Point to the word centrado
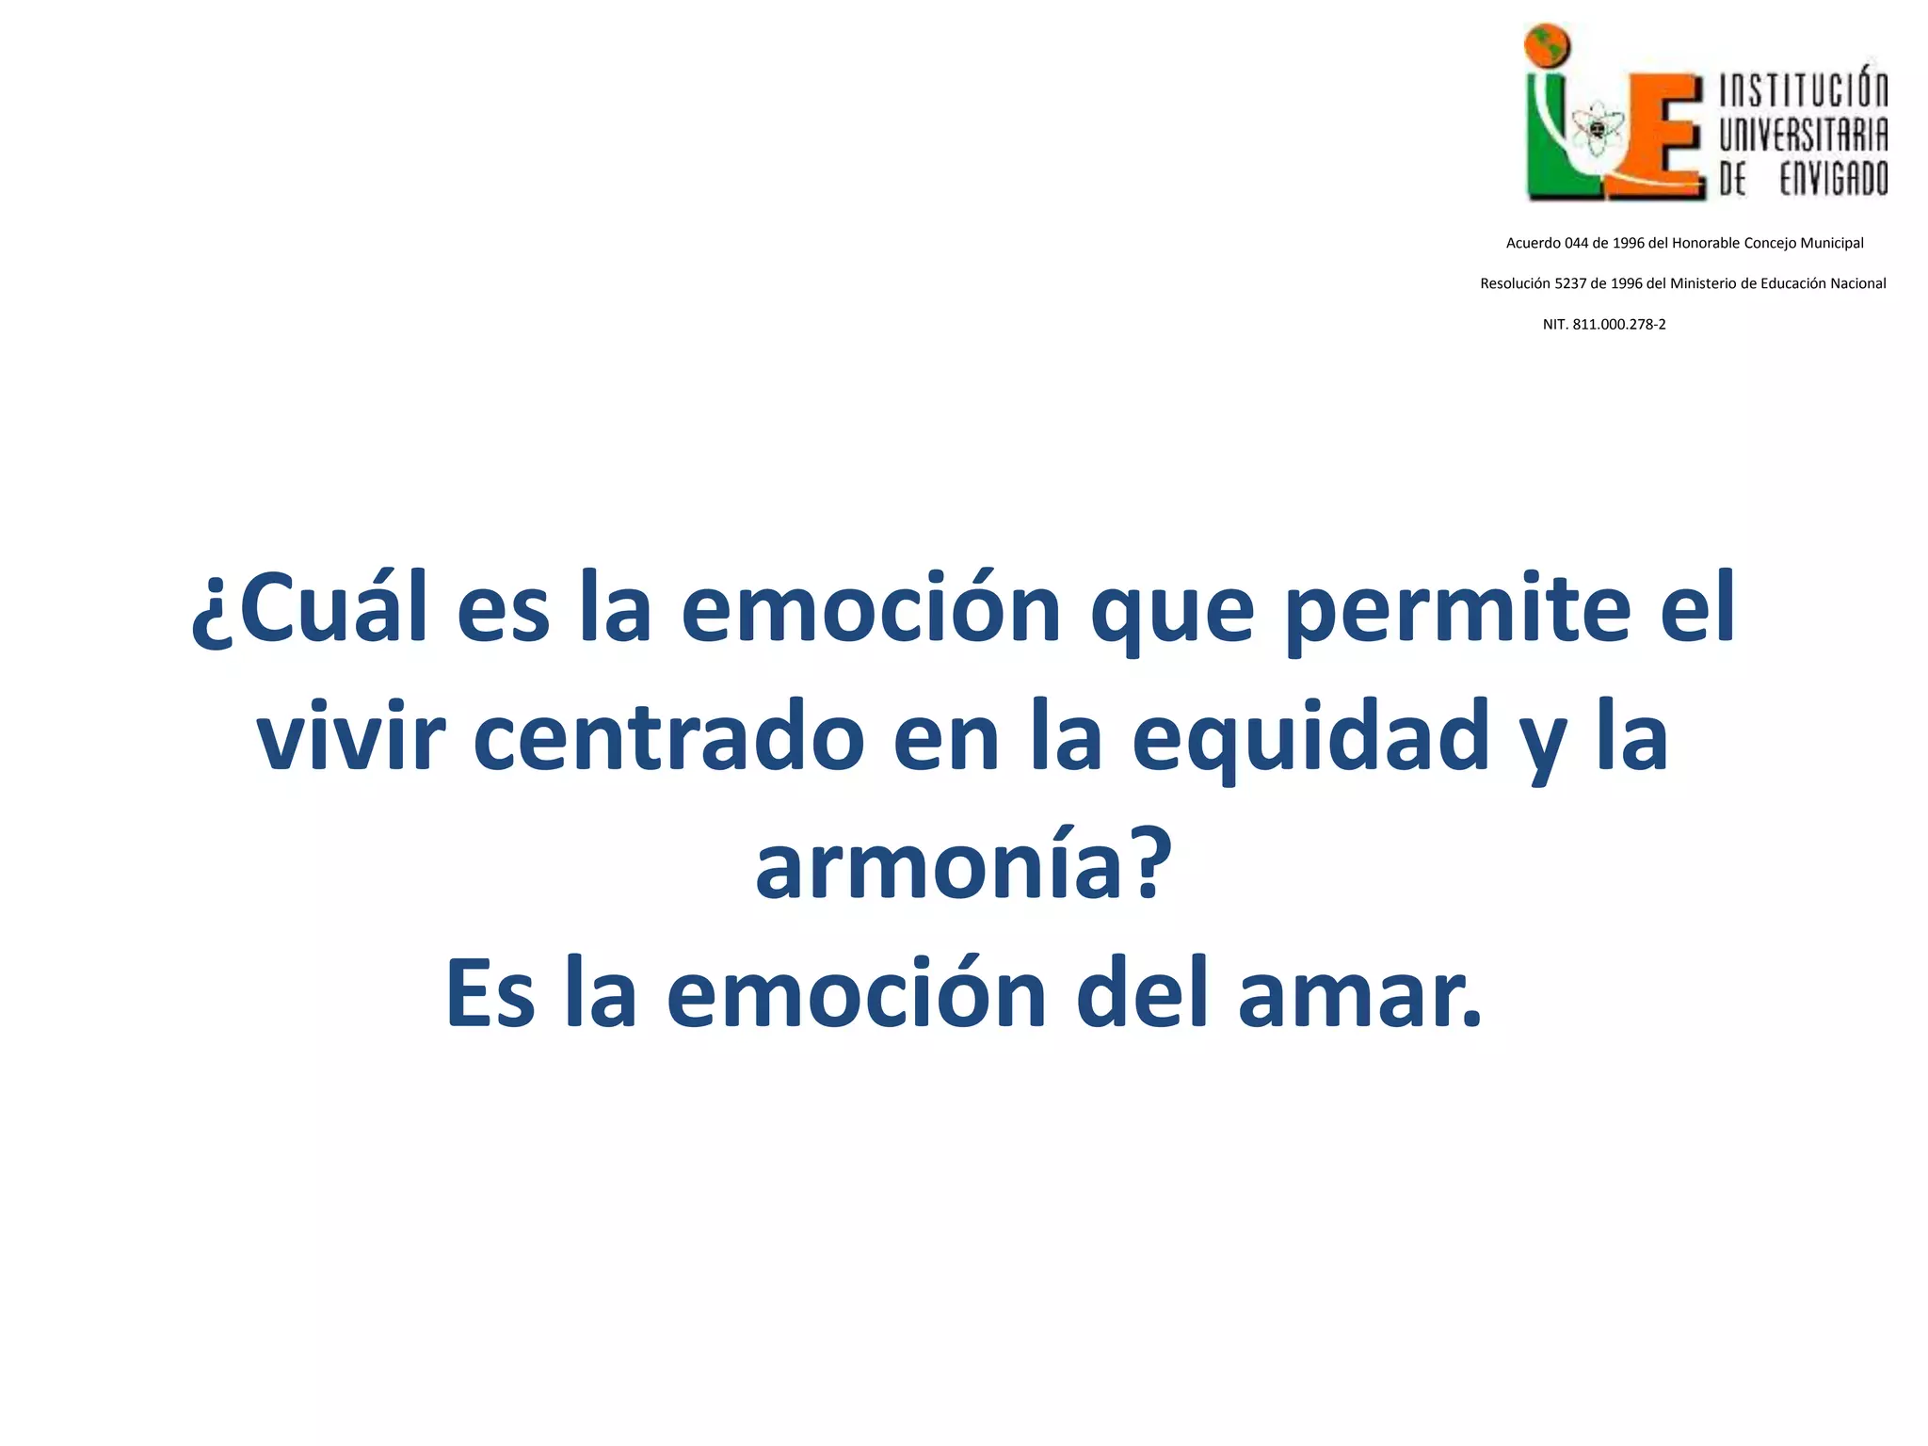pos(668,737)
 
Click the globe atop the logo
pos(1549,44)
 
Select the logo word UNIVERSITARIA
pos(1803,135)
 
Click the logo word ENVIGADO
pos(1833,179)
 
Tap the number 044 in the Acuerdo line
pos(1576,243)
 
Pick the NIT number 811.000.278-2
pos(1619,325)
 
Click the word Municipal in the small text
pos(1832,243)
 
